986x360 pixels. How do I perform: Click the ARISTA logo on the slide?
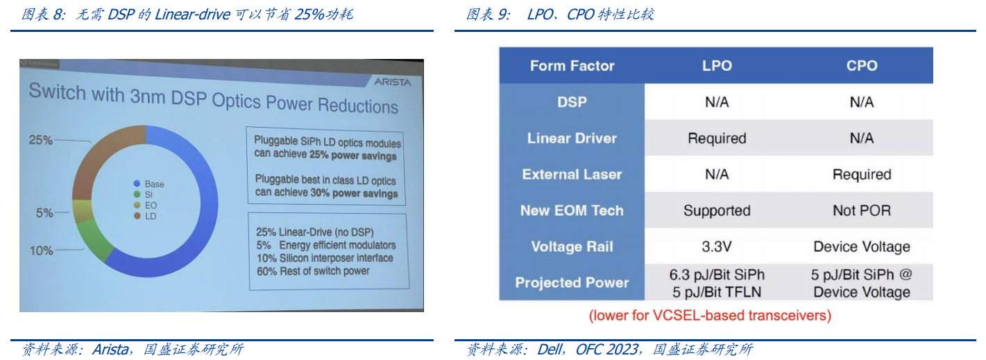392,82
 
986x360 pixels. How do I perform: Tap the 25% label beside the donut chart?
40,140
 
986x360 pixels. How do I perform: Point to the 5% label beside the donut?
44,213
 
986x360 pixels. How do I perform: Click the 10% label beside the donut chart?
42,251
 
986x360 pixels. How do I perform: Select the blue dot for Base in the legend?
137,184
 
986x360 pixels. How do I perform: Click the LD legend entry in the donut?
145,216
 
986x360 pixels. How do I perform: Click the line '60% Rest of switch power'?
313,271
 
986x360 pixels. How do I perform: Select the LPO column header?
717,66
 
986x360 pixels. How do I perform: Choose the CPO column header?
861,66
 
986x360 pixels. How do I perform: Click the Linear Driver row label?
572,138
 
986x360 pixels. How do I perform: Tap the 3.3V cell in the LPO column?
717,246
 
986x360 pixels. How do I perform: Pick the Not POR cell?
861,210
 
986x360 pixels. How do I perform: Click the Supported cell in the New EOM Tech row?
717,210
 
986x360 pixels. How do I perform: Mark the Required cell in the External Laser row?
861,174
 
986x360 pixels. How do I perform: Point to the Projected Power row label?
572,282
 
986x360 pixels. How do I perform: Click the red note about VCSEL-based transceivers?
710,316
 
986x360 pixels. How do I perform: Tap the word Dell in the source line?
550,350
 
